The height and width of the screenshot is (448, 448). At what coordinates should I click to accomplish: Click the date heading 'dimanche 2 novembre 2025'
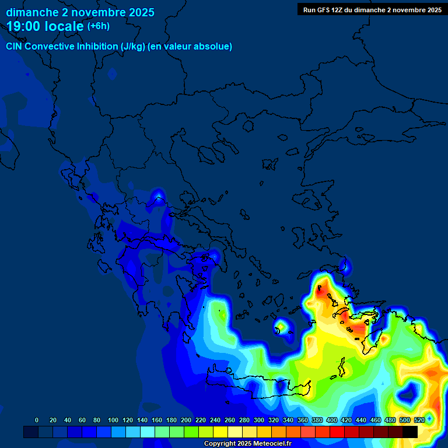click(80, 12)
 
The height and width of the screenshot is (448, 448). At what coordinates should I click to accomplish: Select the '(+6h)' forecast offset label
click(98, 26)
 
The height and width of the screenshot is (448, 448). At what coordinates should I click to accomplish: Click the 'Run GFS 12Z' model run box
click(372, 10)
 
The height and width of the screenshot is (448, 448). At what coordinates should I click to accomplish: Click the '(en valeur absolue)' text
click(191, 47)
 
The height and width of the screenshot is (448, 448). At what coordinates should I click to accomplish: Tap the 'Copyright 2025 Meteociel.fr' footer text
click(247, 443)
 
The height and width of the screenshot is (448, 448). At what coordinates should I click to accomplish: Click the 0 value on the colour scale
click(37, 420)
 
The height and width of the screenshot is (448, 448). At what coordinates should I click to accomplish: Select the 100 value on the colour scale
click(113, 420)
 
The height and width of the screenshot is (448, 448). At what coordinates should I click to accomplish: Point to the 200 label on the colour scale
click(186, 420)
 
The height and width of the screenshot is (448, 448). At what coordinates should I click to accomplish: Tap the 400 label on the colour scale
click(332, 420)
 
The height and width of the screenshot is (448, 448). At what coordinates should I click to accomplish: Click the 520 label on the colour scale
click(419, 420)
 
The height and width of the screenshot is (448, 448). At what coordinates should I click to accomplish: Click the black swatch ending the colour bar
click(410, 432)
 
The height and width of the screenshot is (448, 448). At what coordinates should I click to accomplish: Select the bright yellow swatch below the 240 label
click(220, 432)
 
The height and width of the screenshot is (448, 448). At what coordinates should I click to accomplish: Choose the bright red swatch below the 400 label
click(337, 432)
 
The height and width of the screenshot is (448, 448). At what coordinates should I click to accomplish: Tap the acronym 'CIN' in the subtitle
click(15, 47)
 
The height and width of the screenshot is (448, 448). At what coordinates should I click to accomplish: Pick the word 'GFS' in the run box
click(323, 10)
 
